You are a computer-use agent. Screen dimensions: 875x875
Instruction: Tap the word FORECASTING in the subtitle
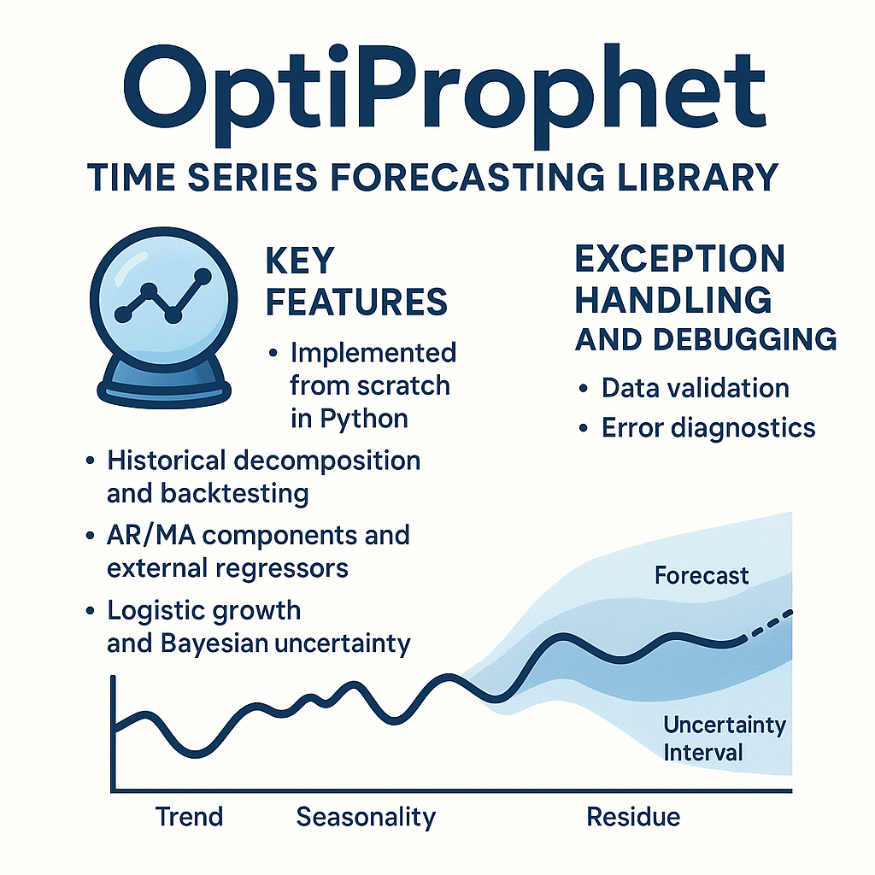(467, 178)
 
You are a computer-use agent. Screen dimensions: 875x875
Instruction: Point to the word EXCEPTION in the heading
(679, 259)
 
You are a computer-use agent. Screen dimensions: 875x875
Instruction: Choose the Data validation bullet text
(696, 388)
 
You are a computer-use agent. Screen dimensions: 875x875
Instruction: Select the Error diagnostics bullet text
(708, 429)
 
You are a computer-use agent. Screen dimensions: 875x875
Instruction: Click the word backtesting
(234, 494)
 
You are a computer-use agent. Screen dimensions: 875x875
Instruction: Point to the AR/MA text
(150, 535)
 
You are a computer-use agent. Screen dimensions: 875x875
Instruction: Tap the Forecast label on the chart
(702, 575)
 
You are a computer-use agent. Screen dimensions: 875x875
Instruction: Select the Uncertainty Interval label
(725, 738)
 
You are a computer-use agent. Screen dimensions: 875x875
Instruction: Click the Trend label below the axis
(189, 817)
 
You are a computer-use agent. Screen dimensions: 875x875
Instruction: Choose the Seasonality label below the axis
(366, 818)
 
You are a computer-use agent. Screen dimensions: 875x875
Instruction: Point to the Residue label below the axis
(633, 817)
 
